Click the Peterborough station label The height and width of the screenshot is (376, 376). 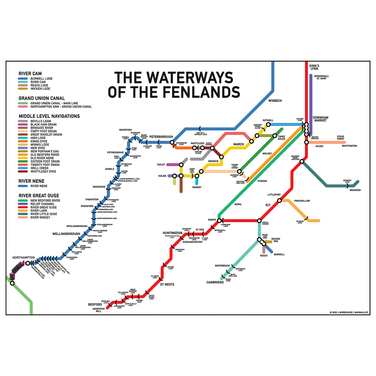click(161, 137)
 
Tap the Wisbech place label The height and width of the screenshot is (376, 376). click(275, 101)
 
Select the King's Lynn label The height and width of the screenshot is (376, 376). click(314, 67)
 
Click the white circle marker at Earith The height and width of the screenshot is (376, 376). click(219, 221)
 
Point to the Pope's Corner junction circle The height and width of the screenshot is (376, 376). click(259, 221)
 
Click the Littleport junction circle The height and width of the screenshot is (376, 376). click(279, 201)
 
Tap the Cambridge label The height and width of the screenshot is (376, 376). click(215, 282)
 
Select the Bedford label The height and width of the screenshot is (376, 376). click(95, 305)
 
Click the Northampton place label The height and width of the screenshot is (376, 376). click(24, 258)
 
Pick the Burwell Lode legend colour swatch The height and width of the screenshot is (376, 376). click(23, 79)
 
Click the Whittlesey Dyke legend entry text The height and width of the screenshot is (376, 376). click(43, 171)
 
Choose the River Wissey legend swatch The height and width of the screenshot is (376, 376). click(23, 217)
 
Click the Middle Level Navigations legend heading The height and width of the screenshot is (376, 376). click(49, 116)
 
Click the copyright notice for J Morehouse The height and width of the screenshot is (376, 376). click(349, 312)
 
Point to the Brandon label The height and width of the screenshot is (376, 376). click(355, 190)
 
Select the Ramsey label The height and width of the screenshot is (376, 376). click(197, 187)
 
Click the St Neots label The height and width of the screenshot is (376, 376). click(167, 285)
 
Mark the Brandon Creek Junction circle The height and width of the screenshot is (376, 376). click(302, 161)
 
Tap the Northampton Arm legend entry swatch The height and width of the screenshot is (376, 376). click(23, 107)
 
